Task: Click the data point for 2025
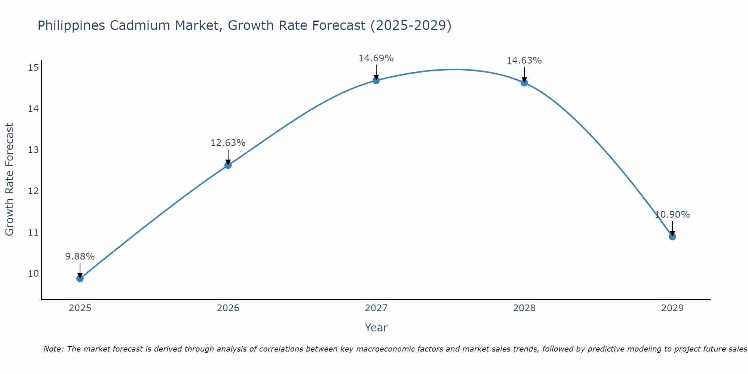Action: (x=80, y=278)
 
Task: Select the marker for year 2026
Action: (x=228, y=165)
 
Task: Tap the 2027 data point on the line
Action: (x=376, y=80)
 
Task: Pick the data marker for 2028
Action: (x=524, y=83)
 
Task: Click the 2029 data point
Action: (x=672, y=236)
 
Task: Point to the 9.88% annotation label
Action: (x=80, y=257)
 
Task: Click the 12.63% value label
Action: (x=228, y=143)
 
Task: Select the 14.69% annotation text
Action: (x=376, y=58)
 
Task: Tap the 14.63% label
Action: (x=524, y=61)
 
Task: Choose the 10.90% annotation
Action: (x=672, y=215)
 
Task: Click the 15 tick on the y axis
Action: (x=33, y=67)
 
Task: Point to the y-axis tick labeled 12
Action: (x=33, y=191)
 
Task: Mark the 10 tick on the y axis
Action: (x=33, y=273)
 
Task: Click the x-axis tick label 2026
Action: (x=228, y=308)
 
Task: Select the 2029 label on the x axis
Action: (x=672, y=308)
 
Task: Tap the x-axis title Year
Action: (x=376, y=328)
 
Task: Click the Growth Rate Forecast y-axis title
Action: (x=9, y=180)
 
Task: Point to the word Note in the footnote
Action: (x=53, y=349)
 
